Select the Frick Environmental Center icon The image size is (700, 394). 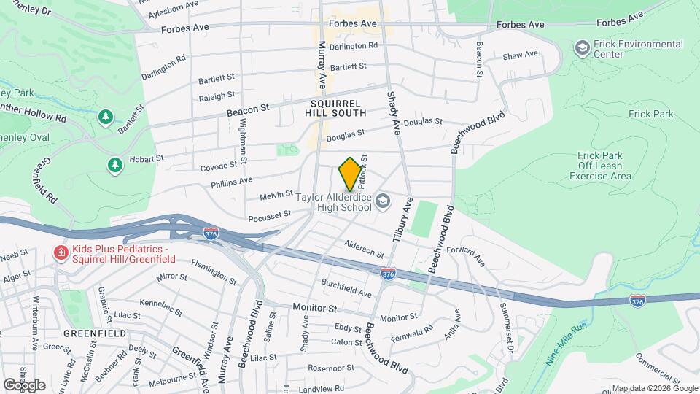click(582, 49)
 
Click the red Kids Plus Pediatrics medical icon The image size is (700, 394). click(61, 252)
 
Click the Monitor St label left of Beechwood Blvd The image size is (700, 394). click(314, 308)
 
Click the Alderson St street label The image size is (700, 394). click(364, 249)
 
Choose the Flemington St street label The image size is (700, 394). click(213, 271)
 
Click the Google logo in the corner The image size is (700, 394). click(24, 385)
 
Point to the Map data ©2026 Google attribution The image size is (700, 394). click(653, 388)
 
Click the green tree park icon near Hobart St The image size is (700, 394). click(114, 166)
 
